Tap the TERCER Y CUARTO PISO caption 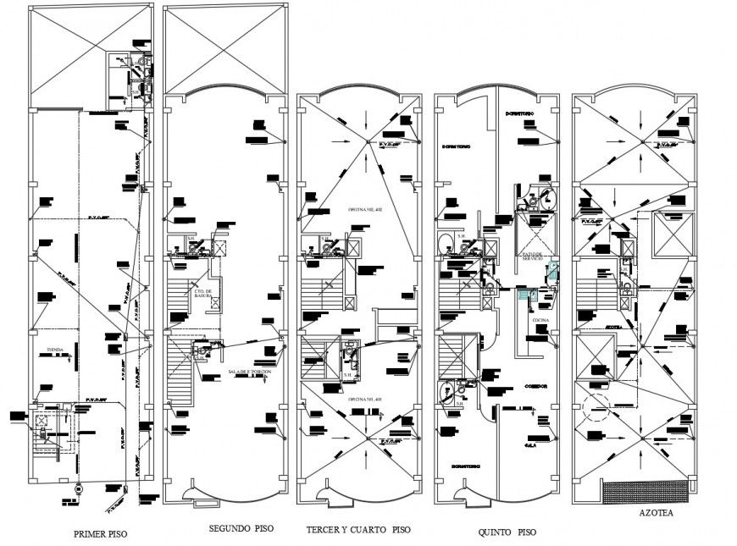[358, 530]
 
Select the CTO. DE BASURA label [203, 294]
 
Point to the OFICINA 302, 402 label [365, 207]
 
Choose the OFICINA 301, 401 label [365, 399]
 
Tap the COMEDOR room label [535, 386]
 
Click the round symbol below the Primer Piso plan [79, 488]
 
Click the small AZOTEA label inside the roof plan [614, 326]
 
